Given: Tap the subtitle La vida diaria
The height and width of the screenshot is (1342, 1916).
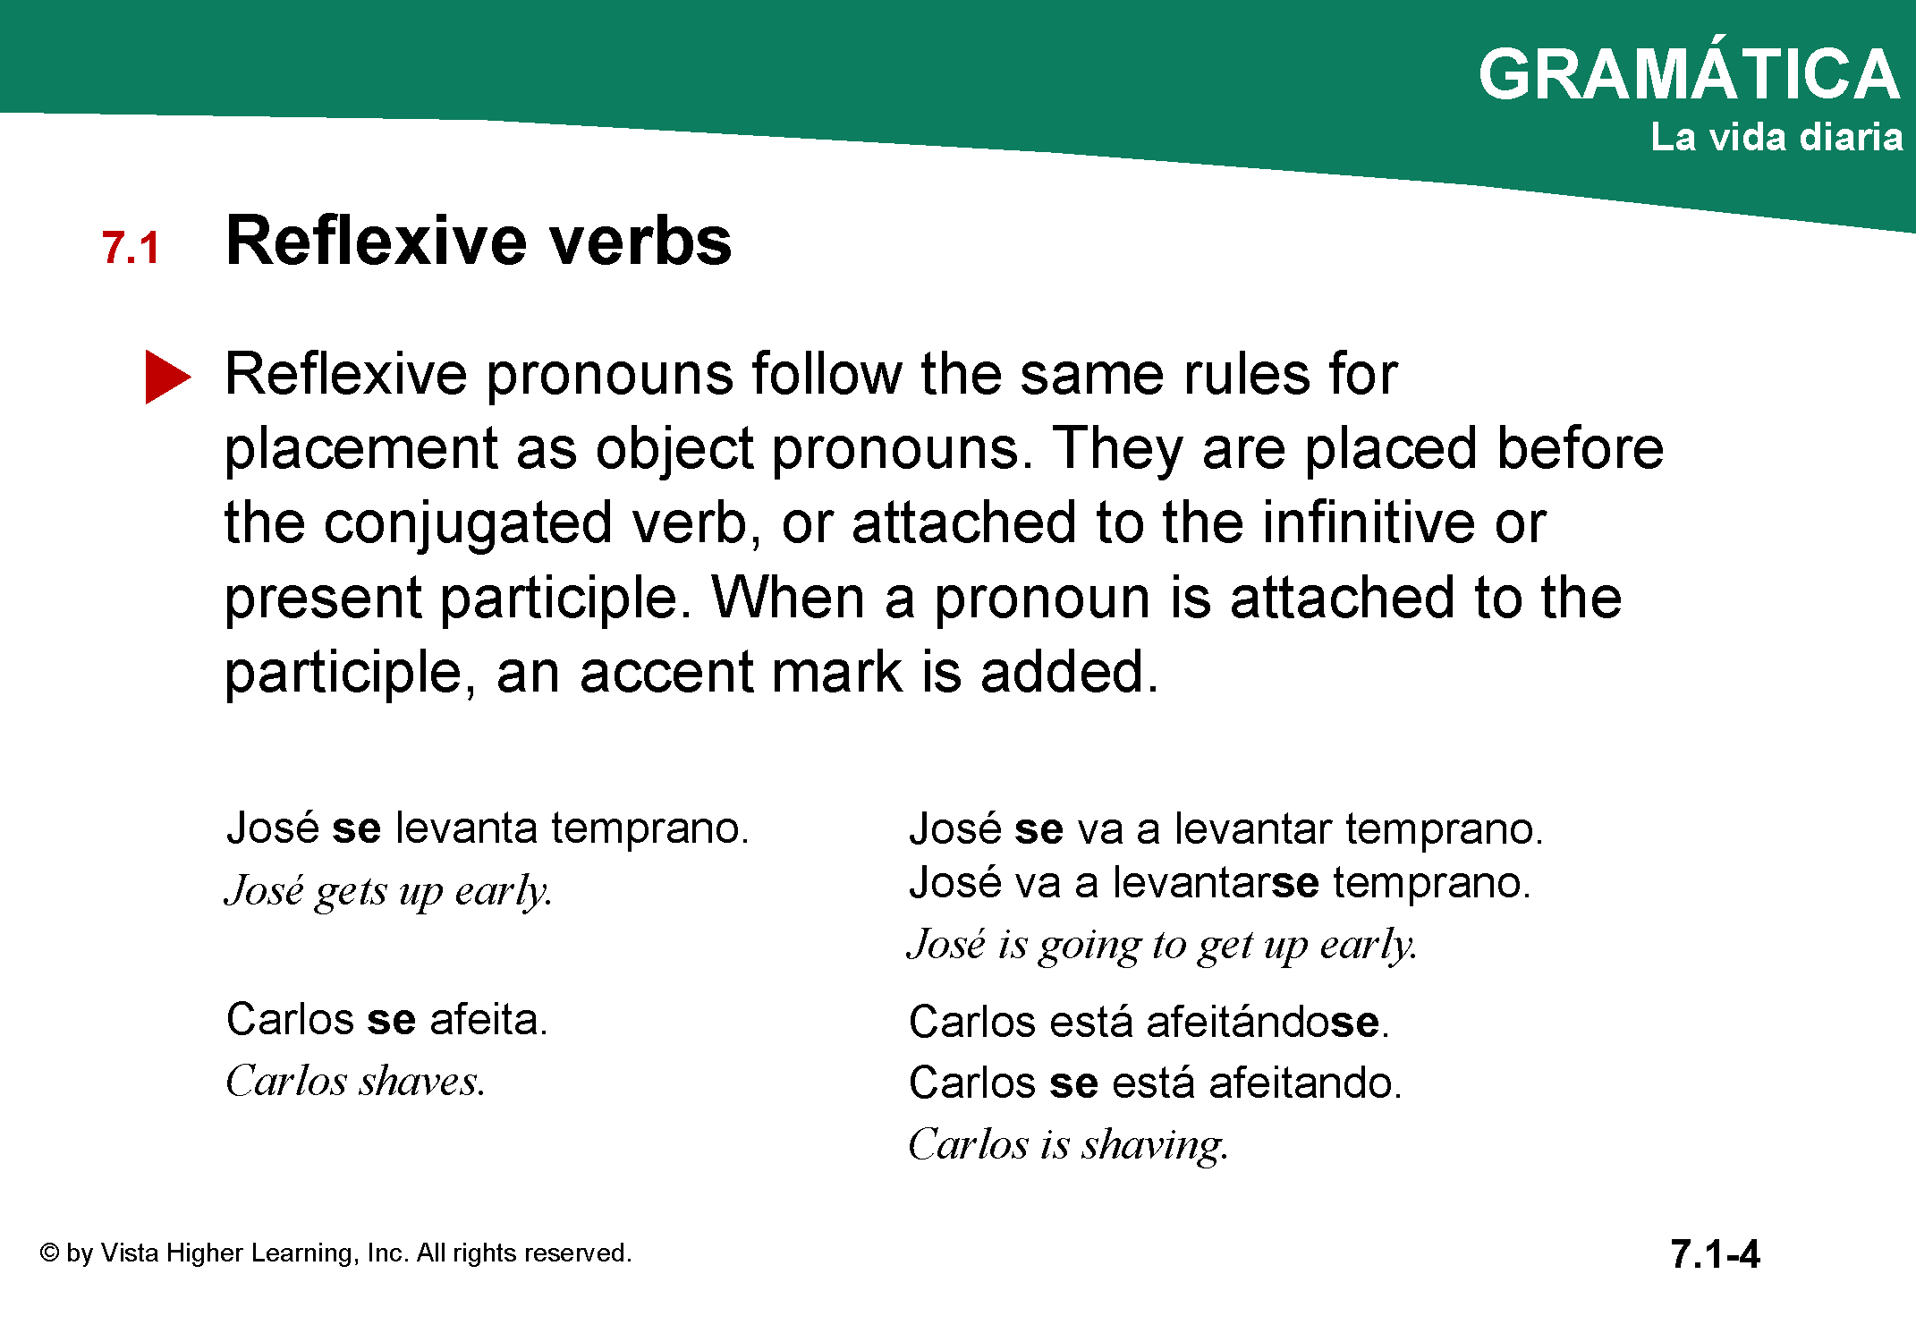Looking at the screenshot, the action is click(1776, 137).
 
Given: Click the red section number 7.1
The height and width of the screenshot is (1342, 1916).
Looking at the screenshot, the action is click(131, 248).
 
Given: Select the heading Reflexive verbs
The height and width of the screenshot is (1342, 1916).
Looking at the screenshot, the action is click(479, 241).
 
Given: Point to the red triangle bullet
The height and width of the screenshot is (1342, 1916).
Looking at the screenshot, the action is click(166, 377).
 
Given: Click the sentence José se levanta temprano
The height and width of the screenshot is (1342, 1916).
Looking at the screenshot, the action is click(487, 828).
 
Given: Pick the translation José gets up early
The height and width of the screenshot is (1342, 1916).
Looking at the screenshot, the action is click(388, 891).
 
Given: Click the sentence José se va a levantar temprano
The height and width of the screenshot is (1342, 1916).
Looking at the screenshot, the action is click(1226, 828).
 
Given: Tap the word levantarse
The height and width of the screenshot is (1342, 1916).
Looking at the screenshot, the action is click(1216, 883).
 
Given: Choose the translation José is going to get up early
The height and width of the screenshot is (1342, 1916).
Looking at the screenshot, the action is click(1163, 946).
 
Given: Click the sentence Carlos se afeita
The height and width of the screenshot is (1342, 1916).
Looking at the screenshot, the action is click(386, 1019).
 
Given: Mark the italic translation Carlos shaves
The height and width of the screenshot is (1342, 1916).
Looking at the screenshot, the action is click(355, 1081).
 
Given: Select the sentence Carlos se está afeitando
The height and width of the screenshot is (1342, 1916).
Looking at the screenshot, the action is click(1155, 1083).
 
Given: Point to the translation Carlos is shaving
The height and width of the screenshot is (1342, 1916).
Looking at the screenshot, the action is click(1069, 1145).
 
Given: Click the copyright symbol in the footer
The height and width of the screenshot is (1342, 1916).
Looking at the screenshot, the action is click(49, 1253).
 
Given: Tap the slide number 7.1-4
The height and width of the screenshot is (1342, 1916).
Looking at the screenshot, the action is click(1715, 1254).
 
